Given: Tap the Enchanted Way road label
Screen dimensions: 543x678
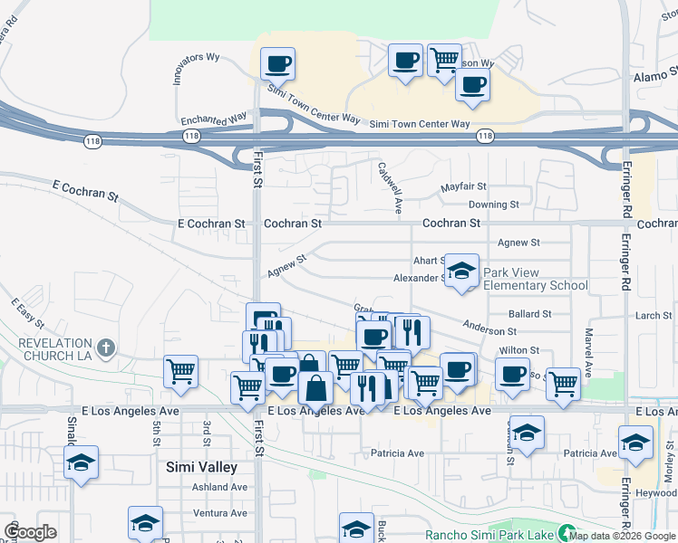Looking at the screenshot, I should click(214, 119).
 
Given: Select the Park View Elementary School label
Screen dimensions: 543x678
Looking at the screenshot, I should click(536, 279).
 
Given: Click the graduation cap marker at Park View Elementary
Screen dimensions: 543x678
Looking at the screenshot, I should click(461, 270).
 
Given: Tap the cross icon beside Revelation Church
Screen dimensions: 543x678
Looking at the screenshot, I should click(106, 348).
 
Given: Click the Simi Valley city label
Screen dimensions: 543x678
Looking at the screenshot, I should click(201, 467).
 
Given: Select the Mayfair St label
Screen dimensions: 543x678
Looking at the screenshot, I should click(464, 187).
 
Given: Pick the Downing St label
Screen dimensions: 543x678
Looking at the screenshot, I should click(493, 205).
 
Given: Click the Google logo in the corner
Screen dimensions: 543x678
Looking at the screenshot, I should click(31, 532).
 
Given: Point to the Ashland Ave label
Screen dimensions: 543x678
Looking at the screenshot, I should click(219, 487).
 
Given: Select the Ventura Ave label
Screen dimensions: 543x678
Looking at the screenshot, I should click(219, 513).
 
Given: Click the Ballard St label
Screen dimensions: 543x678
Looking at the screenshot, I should click(530, 314).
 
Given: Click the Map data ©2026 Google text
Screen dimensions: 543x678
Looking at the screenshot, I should click(622, 535).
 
